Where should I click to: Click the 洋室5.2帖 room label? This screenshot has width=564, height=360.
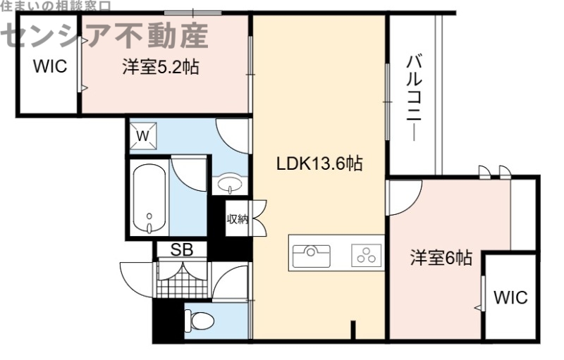(x=160, y=68)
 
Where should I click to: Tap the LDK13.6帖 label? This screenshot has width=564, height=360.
(x=319, y=164)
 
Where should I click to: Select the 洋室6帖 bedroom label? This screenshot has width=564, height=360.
(x=441, y=258)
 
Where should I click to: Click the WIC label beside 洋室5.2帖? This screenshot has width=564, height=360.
(x=48, y=67)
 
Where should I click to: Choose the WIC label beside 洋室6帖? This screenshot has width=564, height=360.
(x=510, y=297)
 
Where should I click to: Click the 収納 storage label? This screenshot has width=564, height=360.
(x=237, y=218)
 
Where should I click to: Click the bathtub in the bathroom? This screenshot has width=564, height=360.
(x=149, y=197)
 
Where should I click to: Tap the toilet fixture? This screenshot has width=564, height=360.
(x=200, y=321)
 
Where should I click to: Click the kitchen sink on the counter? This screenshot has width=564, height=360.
(x=311, y=253)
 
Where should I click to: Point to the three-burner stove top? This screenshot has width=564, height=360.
(x=366, y=254)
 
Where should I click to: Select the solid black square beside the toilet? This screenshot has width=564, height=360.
(x=166, y=320)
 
